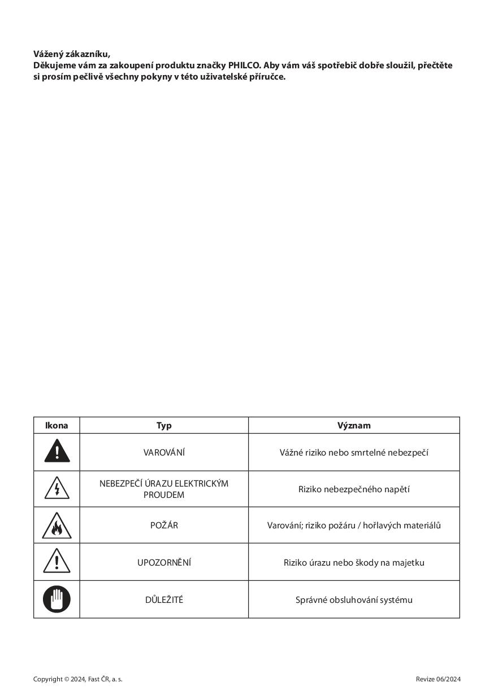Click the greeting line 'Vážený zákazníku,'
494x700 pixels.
click(x=72, y=54)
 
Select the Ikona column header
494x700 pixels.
click(x=57, y=426)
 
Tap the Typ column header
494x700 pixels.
click(x=164, y=426)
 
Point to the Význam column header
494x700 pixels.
click(x=354, y=426)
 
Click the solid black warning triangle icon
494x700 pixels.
click(x=57, y=452)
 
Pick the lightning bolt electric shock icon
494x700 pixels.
click(x=57, y=489)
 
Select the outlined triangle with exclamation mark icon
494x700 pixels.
click(x=57, y=562)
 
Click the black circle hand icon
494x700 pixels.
click(x=57, y=599)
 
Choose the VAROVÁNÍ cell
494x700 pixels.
click(x=164, y=452)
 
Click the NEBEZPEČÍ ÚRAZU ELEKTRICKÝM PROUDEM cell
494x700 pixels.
click(x=164, y=489)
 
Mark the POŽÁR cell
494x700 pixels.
click(x=164, y=525)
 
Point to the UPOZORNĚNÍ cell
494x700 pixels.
click(x=164, y=562)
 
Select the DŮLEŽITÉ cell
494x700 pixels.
click(x=164, y=600)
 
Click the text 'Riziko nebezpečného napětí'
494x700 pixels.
click(x=354, y=489)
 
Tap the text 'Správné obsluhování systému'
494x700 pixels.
click(x=354, y=600)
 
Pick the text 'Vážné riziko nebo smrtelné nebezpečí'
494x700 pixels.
click(x=354, y=452)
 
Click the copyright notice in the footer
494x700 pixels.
click(x=78, y=679)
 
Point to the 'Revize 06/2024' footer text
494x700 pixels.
click(x=438, y=679)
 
